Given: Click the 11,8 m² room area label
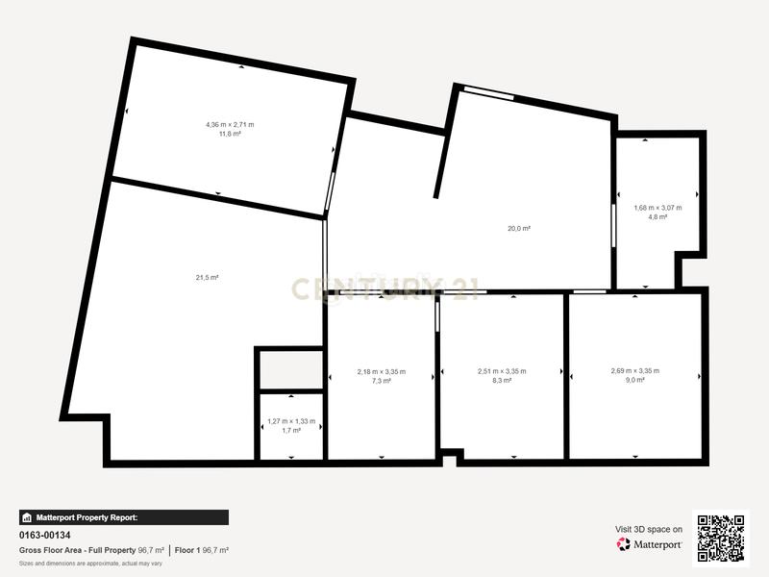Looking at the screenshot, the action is pyautogui.click(x=230, y=134).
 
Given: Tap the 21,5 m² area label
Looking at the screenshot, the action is pyautogui.click(x=207, y=278).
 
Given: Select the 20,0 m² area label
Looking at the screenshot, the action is pyautogui.click(x=519, y=228).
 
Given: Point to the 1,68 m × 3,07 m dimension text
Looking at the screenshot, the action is pyautogui.click(x=657, y=208).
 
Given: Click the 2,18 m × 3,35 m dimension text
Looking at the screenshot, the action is pyautogui.click(x=382, y=372).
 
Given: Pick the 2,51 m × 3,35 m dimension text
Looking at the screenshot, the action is pyautogui.click(x=502, y=371).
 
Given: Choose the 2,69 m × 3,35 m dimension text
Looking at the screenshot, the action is pyautogui.click(x=635, y=371).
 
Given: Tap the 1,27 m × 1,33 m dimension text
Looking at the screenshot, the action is pyautogui.click(x=291, y=421).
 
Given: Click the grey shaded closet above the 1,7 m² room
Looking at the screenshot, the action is pyautogui.click(x=291, y=370).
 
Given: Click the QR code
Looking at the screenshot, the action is pyautogui.click(x=721, y=539).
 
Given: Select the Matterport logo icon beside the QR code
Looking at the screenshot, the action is pyautogui.click(x=623, y=544).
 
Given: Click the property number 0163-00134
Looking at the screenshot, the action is pyautogui.click(x=44, y=535).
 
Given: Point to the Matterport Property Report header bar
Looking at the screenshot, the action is pyautogui.click(x=124, y=517).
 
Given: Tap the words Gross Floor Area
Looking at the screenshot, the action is pyautogui.click(x=51, y=550).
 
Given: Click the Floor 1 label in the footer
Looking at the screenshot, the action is pyautogui.click(x=187, y=550).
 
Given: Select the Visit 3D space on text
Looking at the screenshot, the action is pyautogui.click(x=648, y=530).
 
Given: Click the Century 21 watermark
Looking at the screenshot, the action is pyautogui.click(x=385, y=288).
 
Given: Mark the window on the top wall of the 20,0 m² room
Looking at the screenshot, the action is pyautogui.click(x=489, y=92).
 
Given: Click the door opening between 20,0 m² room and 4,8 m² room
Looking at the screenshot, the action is pyautogui.click(x=613, y=226).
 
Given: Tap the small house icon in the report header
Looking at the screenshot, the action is pyautogui.click(x=27, y=517).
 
